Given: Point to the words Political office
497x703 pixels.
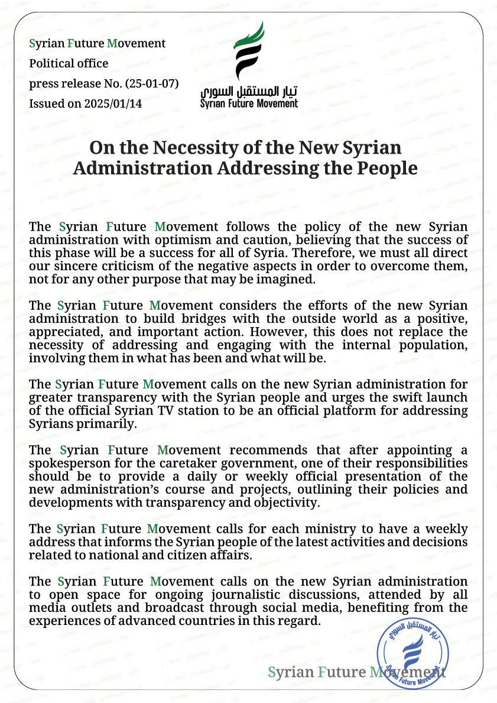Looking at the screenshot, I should pos(69,63).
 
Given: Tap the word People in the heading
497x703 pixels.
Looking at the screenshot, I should pos(385,168).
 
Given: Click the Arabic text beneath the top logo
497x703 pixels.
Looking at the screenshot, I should pos(249,92).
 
